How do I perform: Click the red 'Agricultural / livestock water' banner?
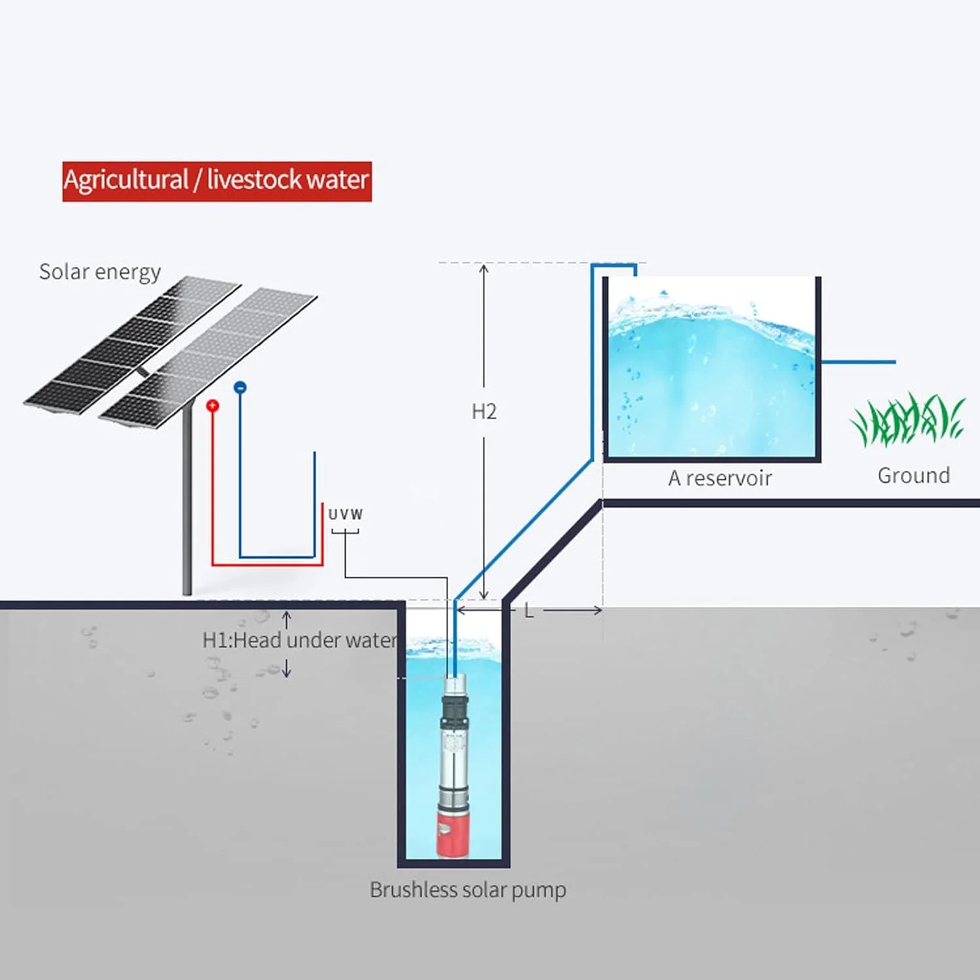pos(217,181)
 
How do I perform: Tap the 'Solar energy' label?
pos(100,272)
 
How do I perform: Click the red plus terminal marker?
pos(212,406)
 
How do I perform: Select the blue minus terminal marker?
pos(240,387)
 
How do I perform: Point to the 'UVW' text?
pos(345,514)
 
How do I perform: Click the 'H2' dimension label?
pos(484,412)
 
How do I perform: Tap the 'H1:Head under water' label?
pos(299,640)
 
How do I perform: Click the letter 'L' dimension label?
pos(529,611)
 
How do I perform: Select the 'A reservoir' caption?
pos(719,478)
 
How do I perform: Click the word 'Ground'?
pos(913,476)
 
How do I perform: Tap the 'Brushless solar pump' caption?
pos(468,890)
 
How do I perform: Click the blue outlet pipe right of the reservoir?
pos(858,361)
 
